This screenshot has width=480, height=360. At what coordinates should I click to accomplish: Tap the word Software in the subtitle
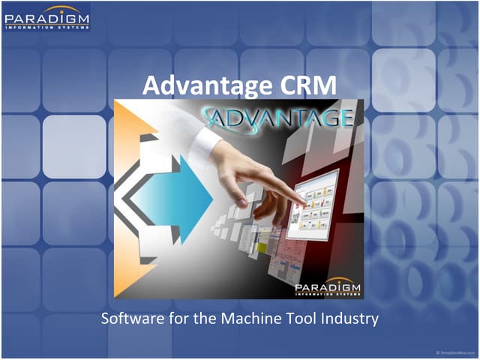tap(130, 319)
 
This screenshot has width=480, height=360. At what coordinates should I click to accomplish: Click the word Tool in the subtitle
tap(295, 319)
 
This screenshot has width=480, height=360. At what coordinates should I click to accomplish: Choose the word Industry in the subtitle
tap(346, 319)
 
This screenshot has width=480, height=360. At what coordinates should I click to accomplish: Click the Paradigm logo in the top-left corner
tap(46, 17)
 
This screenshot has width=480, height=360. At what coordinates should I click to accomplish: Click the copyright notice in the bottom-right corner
tap(453, 351)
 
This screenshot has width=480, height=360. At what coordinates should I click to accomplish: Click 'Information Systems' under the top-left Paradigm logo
tap(46, 26)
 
